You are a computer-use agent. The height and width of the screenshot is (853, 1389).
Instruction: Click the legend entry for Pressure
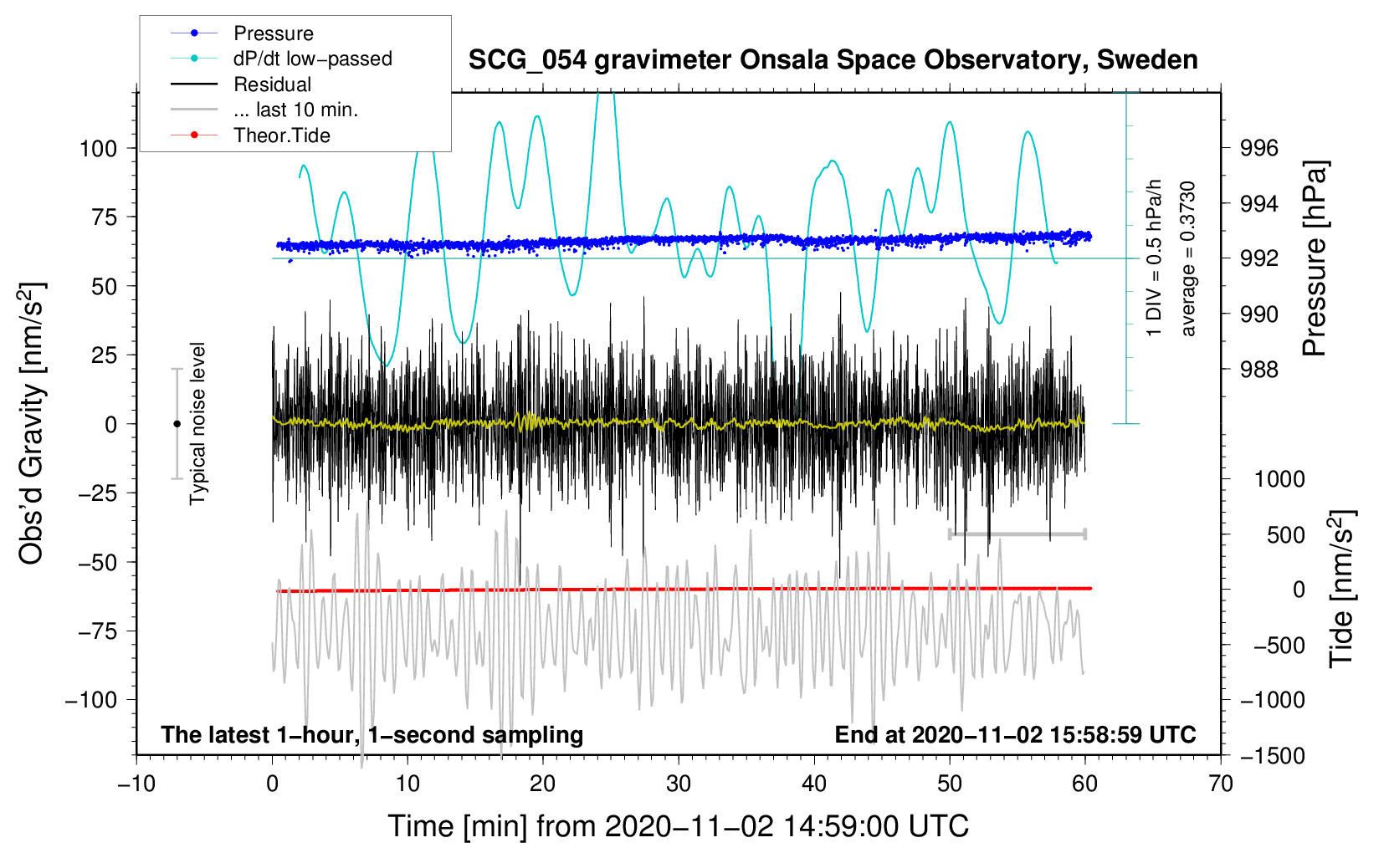(x=242, y=33)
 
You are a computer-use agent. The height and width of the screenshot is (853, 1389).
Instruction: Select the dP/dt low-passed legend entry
(x=281, y=59)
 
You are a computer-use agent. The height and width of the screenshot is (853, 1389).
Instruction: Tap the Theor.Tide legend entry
(x=250, y=135)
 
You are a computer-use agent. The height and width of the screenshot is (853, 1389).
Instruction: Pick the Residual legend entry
(x=241, y=84)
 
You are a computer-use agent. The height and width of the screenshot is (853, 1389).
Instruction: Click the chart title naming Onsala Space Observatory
(x=833, y=60)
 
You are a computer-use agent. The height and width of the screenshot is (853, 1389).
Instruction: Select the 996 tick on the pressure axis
(x=1258, y=148)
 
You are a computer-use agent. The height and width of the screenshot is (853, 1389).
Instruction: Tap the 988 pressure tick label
(x=1258, y=370)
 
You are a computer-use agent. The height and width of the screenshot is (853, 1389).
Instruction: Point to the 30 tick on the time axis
(x=679, y=784)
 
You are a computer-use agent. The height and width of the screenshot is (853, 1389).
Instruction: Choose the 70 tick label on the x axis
(x=1220, y=784)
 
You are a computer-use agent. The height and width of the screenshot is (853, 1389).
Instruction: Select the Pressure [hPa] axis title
(x=1315, y=258)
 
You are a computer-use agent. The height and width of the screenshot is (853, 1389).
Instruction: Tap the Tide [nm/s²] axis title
(x=1342, y=589)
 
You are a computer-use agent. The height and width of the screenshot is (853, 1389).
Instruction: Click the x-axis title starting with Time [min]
(x=678, y=826)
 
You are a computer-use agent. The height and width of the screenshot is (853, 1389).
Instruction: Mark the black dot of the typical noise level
(x=177, y=424)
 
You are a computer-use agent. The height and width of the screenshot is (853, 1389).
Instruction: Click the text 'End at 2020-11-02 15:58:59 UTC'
(x=1015, y=734)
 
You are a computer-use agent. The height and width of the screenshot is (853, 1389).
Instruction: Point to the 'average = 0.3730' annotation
(x=1187, y=258)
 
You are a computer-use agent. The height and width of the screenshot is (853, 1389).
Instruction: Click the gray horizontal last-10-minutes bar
(x=1017, y=534)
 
